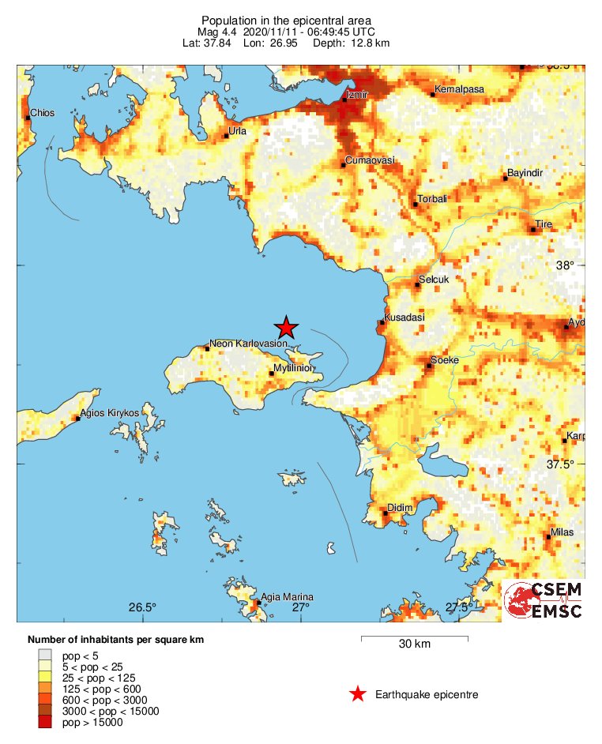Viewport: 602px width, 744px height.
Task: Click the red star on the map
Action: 286,327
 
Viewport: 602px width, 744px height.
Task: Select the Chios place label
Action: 42,113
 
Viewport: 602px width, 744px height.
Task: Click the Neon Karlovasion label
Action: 248,344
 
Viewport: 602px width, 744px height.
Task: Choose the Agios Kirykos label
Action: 110,413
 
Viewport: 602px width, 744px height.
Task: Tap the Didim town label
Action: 401,508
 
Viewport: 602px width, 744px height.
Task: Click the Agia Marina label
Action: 287,596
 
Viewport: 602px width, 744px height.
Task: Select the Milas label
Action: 562,532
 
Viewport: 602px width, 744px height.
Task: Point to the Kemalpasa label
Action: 459,90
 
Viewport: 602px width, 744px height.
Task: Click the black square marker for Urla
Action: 226,136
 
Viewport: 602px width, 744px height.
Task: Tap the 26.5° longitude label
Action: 143,607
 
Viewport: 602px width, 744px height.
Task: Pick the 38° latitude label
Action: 564,266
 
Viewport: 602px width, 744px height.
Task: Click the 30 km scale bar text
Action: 414,644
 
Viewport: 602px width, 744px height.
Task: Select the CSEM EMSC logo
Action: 544,601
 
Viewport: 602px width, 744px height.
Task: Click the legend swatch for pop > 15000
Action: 46,722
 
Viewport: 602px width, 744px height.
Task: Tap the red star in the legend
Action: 358,694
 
